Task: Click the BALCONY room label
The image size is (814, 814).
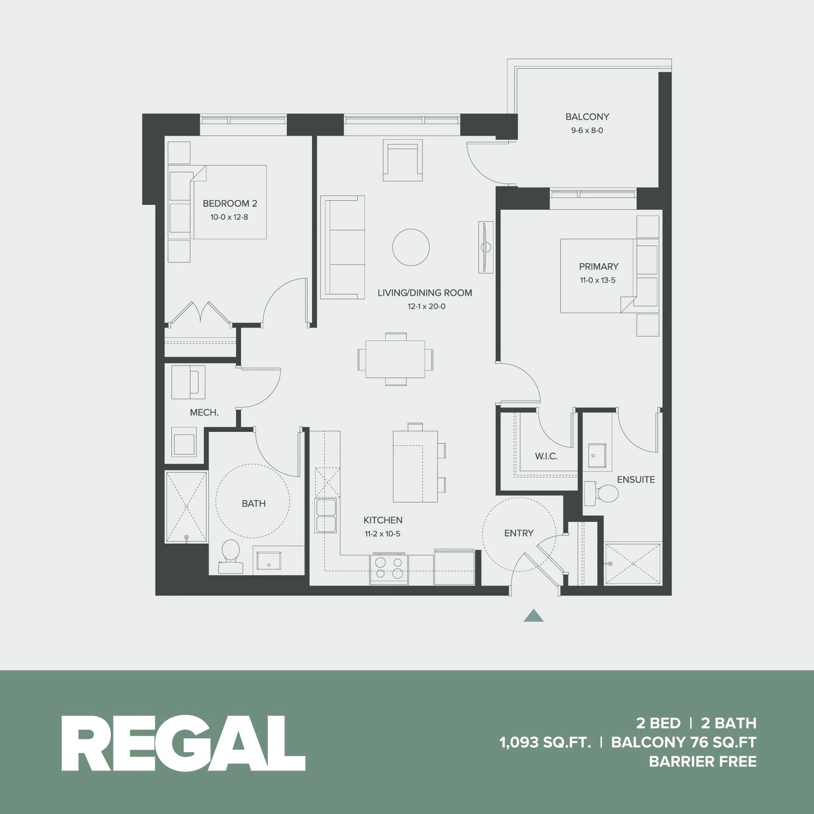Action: click(x=587, y=117)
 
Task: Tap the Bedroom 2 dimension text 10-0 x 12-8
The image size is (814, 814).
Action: click(x=229, y=217)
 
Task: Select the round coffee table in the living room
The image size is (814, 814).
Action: click(x=411, y=247)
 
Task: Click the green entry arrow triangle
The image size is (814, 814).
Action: click(x=534, y=616)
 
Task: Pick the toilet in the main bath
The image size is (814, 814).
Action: click(x=231, y=556)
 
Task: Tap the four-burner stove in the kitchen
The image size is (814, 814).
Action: click(x=389, y=568)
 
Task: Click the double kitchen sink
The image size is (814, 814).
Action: click(x=327, y=516)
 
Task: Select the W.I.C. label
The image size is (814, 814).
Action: click(x=546, y=456)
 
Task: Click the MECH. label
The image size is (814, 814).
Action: click(x=204, y=412)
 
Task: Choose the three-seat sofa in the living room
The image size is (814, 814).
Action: click(x=343, y=247)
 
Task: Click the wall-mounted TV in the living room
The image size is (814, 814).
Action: click(x=486, y=247)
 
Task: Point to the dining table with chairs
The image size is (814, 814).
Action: click(x=395, y=360)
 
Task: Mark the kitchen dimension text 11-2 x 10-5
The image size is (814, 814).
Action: click(x=383, y=534)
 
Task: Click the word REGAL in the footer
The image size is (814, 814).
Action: click(x=183, y=743)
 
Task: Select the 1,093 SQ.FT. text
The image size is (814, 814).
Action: click(x=545, y=742)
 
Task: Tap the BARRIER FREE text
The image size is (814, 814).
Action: click(x=702, y=762)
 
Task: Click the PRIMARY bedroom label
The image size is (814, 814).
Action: click(x=598, y=266)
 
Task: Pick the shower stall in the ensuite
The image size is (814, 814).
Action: click(x=632, y=563)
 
